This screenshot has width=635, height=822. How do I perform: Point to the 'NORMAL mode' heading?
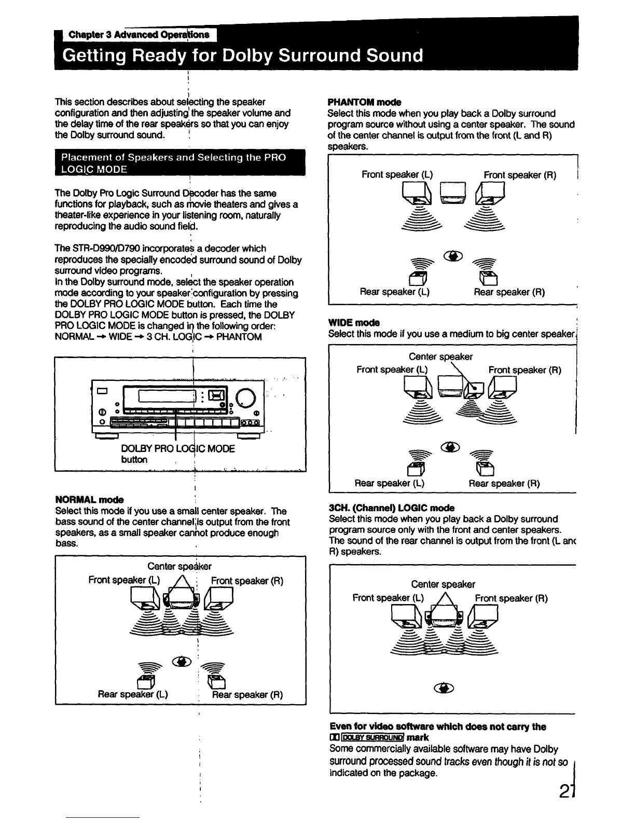click(89, 500)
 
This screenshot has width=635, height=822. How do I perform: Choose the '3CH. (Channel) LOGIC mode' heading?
click(392, 508)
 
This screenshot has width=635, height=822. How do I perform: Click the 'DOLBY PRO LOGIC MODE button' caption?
click(177, 454)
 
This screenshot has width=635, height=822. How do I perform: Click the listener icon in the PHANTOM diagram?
click(452, 256)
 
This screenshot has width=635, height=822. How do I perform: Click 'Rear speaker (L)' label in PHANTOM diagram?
click(394, 292)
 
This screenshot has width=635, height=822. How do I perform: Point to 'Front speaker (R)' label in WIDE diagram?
click(524, 370)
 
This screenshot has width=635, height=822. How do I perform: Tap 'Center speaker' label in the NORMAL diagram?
click(180, 566)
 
